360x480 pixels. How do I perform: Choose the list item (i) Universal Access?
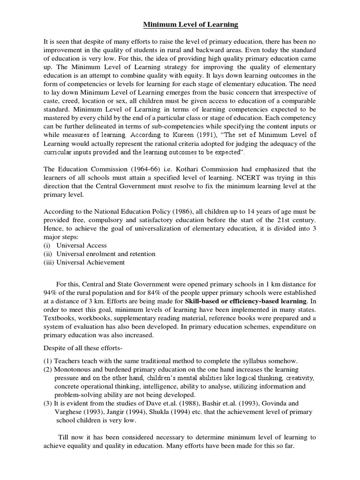click(x=75, y=245)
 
